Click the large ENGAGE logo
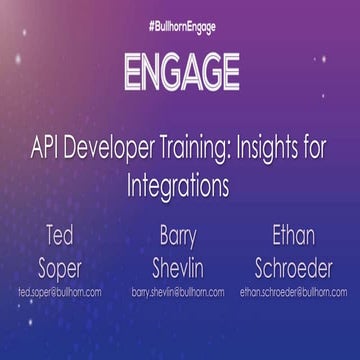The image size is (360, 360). point(180,72)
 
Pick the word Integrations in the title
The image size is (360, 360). point(180,187)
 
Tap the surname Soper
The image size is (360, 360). point(60,268)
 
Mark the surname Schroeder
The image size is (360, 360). point(293,268)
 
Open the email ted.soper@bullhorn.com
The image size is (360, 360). point(60,293)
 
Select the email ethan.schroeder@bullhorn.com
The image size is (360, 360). point(293,293)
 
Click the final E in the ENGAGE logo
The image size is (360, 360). point(229,72)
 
